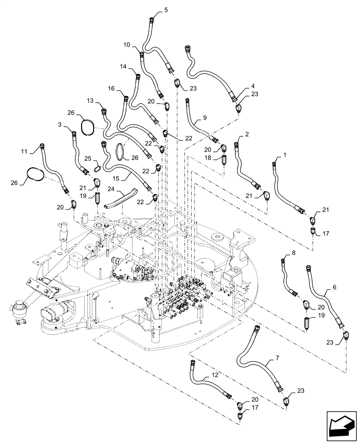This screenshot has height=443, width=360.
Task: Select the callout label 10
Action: (126, 45)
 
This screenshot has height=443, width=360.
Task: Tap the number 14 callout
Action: (122, 66)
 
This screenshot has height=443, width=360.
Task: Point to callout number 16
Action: (111, 89)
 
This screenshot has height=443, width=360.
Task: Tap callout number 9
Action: (205, 118)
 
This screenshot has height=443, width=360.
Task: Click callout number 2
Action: (247, 133)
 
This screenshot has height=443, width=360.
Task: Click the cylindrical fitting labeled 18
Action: (224, 159)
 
